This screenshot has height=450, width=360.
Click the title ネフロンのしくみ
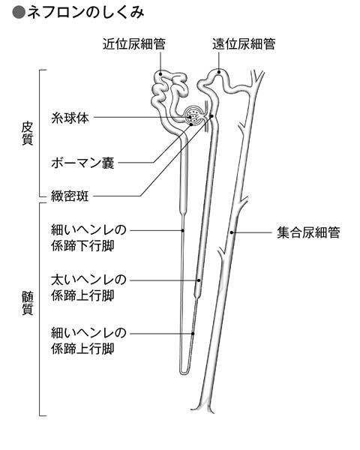point(85,13)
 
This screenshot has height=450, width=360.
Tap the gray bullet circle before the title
point(19,13)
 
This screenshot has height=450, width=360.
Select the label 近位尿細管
point(134,44)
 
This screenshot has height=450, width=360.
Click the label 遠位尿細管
point(244,44)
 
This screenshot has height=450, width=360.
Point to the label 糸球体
point(70,118)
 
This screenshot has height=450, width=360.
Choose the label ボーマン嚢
point(82,163)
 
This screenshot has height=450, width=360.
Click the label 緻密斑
point(70,196)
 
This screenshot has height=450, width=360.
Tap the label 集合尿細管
point(308,232)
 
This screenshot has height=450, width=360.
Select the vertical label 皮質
point(28,133)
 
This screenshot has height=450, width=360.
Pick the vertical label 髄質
point(28,303)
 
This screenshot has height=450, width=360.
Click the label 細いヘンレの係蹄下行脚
point(88,238)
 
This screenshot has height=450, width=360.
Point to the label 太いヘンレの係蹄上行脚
point(88,287)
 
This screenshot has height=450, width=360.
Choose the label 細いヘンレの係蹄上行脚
point(88,340)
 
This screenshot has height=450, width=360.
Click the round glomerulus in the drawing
point(193,116)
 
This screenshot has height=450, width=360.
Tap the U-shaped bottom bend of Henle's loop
point(183,372)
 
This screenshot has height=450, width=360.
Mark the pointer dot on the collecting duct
point(232,232)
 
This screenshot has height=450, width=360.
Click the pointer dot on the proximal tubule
point(160,73)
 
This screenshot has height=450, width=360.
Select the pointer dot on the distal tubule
point(219,72)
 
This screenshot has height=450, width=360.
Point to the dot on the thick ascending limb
point(198,280)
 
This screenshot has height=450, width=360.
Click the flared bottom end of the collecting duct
point(202,408)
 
